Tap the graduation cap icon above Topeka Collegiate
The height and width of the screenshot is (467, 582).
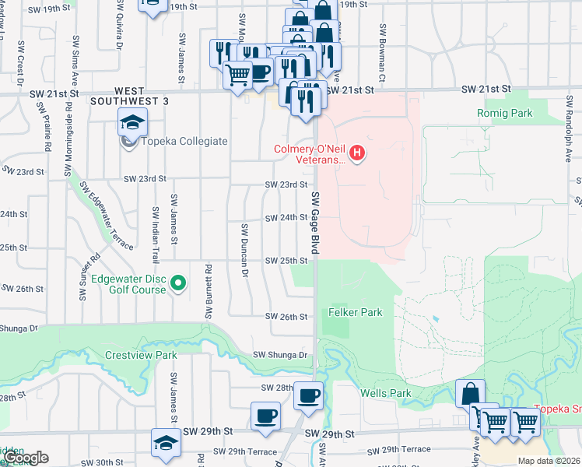tap(133, 122)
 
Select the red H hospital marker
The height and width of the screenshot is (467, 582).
tap(357, 153)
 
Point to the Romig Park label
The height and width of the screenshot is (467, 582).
tap(505, 114)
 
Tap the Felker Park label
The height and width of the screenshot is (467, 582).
tap(356, 312)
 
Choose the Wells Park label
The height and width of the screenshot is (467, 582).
tap(385, 393)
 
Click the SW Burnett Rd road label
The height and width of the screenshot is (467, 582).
tap(209, 292)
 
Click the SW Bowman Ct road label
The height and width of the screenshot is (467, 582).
tap(383, 53)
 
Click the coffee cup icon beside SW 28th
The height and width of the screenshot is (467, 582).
tap(308, 396)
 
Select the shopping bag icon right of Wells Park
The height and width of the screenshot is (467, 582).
tap(471, 394)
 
